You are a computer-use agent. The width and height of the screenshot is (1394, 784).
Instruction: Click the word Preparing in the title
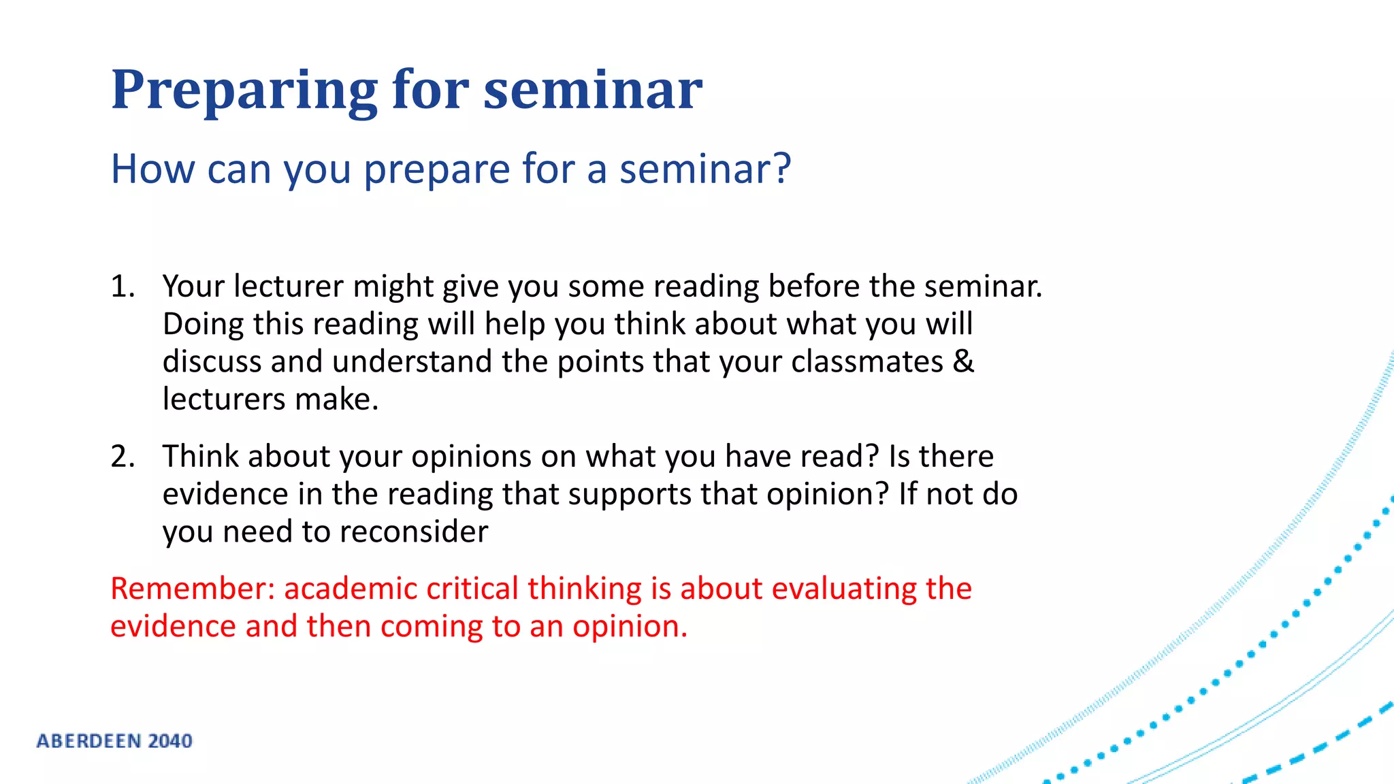pyautogui.click(x=244, y=91)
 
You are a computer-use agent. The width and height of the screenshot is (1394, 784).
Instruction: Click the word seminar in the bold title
pyautogui.click(x=592, y=91)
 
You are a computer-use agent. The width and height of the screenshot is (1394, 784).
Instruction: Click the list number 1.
pyautogui.click(x=123, y=287)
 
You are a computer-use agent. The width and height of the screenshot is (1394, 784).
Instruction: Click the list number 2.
pyautogui.click(x=123, y=457)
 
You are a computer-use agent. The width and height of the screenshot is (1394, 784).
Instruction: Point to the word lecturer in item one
pyautogui.click(x=289, y=287)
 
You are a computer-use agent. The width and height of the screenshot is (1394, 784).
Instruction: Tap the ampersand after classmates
pyautogui.click(x=963, y=361)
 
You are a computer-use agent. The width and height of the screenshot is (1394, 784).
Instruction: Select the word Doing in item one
pyautogui.click(x=204, y=324)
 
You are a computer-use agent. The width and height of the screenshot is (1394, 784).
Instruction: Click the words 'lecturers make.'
pyautogui.click(x=270, y=399)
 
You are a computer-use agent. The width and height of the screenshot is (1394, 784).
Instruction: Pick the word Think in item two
pyautogui.click(x=200, y=457)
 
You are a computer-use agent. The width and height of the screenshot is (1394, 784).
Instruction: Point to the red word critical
pyautogui.click(x=472, y=589)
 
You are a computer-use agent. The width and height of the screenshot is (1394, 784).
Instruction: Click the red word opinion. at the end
pyautogui.click(x=630, y=627)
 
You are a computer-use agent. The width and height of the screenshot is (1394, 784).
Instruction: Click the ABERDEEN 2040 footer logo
pyautogui.click(x=114, y=741)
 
